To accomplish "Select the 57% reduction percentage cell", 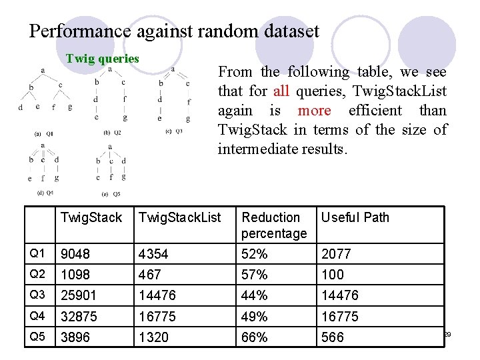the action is pyautogui.click(x=255, y=275).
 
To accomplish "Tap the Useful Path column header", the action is pyautogui.click(x=355, y=217).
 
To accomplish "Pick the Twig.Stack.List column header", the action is pyautogui.click(x=179, y=217).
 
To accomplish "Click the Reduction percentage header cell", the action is pyautogui.click(x=274, y=225).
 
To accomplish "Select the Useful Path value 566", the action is pyautogui.click(x=333, y=337).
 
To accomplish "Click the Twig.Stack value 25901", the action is pyautogui.click(x=79, y=295).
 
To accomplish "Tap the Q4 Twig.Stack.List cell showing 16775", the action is pyautogui.click(x=158, y=317).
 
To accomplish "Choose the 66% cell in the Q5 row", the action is pyautogui.click(x=255, y=337).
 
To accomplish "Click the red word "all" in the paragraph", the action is pyautogui.click(x=281, y=91).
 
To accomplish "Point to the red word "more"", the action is pyautogui.click(x=314, y=111).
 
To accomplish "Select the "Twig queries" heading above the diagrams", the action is pyautogui.click(x=102, y=59).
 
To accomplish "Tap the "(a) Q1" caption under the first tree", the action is pyautogui.click(x=43, y=133).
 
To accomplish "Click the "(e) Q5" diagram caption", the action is pyautogui.click(x=111, y=194).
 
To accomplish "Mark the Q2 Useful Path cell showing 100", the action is pyautogui.click(x=333, y=275).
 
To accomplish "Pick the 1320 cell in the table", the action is pyautogui.click(x=153, y=337).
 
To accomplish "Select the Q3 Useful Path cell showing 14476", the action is pyautogui.click(x=340, y=295).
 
